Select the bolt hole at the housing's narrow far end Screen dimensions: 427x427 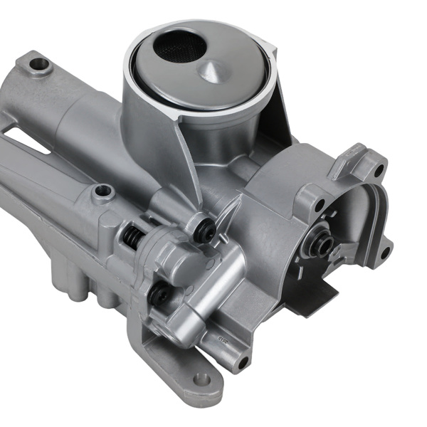pyautogui.click(x=40, y=65)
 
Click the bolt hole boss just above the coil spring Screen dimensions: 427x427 pyautogui.click(x=104, y=191)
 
